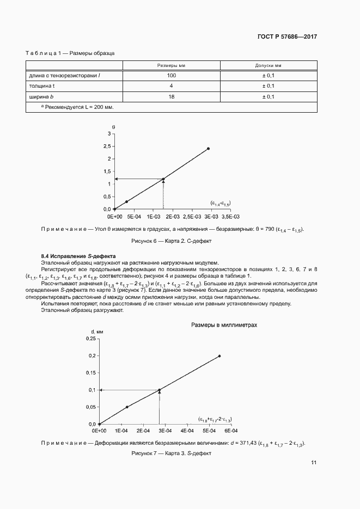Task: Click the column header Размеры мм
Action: (171, 65)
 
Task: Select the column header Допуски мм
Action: (268, 65)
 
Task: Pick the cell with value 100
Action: (171, 75)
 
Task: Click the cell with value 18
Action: (171, 96)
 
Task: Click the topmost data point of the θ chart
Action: (208, 148)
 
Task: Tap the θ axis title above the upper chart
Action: (113, 126)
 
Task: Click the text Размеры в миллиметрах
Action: (224, 324)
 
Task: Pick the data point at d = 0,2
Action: (219, 356)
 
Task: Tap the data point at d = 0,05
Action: (127, 407)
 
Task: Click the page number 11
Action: (314, 463)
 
